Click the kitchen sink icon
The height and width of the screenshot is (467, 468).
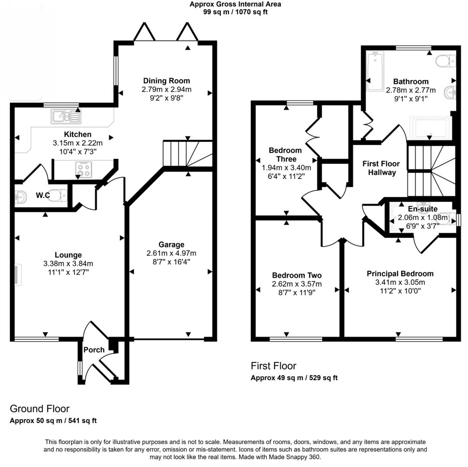click(x=66, y=116)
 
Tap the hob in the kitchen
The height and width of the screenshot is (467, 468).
click(x=83, y=169)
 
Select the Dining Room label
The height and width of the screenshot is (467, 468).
click(x=167, y=81)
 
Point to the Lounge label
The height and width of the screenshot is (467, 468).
click(x=68, y=255)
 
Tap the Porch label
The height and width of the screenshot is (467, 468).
click(x=94, y=350)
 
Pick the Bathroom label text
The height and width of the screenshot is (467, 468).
click(x=410, y=81)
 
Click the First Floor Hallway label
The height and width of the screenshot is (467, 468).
click(x=381, y=168)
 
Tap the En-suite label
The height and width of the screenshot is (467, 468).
click(x=423, y=209)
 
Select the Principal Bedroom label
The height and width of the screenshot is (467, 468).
click(x=400, y=274)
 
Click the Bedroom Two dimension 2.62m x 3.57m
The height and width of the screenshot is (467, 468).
click(x=297, y=284)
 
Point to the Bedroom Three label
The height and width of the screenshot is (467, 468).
click(x=285, y=155)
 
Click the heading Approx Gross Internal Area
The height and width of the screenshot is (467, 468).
click(x=235, y=4)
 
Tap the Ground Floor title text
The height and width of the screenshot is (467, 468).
click(x=40, y=409)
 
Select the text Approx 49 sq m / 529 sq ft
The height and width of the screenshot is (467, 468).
click(x=294, y=377)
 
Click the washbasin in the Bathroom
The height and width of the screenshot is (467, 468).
click(x=450, y=92)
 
